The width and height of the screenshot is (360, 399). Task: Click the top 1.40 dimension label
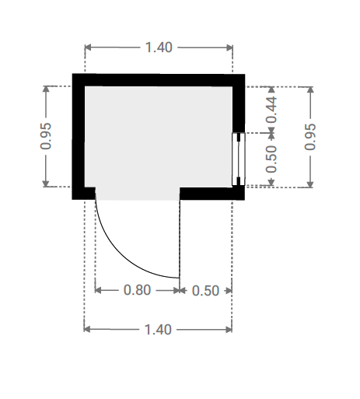tap(159, 47)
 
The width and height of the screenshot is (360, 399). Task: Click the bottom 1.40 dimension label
tap(158, 330)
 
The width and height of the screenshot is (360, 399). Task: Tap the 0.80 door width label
tap(137, 290)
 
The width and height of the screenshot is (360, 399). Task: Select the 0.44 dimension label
tap(271, 110)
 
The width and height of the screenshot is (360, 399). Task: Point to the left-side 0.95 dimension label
tap(46, 136)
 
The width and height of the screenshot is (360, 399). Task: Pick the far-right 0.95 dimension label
tap(310, 137)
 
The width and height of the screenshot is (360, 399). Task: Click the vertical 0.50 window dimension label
tap(271, 159)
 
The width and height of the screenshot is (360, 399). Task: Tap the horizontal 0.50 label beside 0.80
tap(205, 291)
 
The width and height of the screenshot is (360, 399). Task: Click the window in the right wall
tap(239, 159)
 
